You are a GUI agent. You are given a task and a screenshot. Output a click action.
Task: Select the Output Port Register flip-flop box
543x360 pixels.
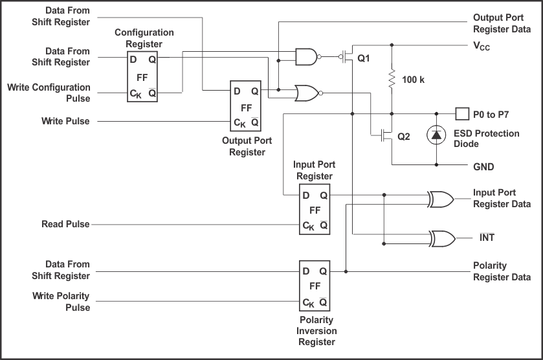(x=247, y=106)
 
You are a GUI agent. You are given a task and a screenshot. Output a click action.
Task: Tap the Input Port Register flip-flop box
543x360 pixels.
(x=315, y=210)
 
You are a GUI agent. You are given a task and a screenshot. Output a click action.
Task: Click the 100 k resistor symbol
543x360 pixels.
(x=392, y=79)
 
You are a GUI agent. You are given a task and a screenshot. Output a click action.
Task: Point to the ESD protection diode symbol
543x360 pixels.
(x=436, y=134)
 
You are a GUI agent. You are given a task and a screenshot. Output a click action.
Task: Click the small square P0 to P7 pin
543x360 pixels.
(x=461, y=114)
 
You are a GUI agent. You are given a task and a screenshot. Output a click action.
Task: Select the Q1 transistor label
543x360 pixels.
(x=364, y=58)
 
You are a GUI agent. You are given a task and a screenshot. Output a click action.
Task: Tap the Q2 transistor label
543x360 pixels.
(x=403, y=137)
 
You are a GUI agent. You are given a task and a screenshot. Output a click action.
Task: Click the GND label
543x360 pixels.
(x=483, y=167)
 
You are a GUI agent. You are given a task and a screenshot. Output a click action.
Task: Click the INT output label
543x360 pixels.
(x=487, y=238)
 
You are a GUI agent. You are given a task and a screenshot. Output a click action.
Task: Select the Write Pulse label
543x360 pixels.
(x=65, y=121)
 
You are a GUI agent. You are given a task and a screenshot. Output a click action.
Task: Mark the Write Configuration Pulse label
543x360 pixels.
(x=49, y=92)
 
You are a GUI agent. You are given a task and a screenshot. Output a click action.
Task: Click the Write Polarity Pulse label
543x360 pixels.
(x=61, y=302)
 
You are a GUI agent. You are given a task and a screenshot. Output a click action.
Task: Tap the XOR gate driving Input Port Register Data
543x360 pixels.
(x=441, y=199)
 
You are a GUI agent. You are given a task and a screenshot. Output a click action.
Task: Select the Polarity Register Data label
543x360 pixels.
(x=502, y=271)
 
